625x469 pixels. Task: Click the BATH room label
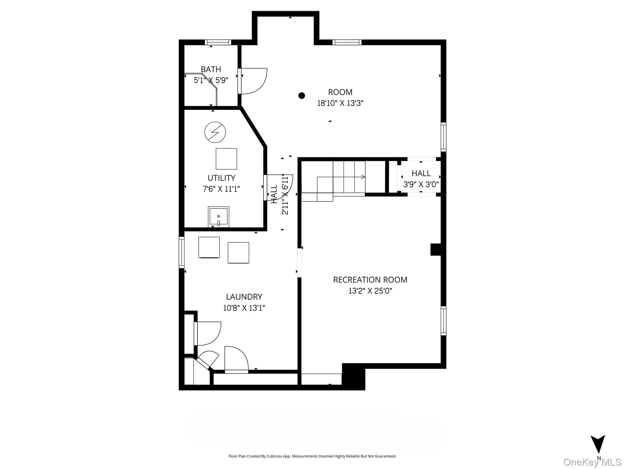(211, 69)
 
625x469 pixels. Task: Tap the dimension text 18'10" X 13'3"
(340, 103)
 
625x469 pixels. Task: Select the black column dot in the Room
(302, 96)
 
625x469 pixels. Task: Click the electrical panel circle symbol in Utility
(215, 132)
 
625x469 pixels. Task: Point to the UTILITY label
(221, 178)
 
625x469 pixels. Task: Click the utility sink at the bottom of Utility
(219, 216)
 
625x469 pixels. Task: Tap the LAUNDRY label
(244, 296)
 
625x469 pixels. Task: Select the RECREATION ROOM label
(370, 280)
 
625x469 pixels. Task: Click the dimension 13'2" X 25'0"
(370, 291)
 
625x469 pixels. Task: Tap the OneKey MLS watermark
(592, 462)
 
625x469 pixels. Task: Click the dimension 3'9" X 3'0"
(421, 184)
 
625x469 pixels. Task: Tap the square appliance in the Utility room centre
(226, 159)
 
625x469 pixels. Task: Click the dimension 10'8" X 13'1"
(244, 308)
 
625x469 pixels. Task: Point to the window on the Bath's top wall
(218, 42)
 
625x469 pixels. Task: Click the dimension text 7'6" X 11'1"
(222, 189)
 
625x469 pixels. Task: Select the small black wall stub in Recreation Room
(436, 249)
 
